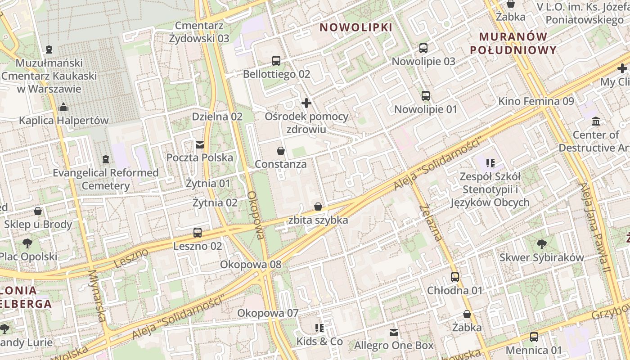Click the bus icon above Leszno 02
[197, 233]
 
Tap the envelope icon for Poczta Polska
[199, 144]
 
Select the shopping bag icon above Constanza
[281, 151]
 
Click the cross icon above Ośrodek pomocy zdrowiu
[306, 103]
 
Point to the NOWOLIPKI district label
[356, 27]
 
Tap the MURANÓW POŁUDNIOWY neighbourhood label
[513, 43]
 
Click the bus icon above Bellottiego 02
[276, 61]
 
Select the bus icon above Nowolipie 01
[425, 96]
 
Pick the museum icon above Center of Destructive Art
[596, 121]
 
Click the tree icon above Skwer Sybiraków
[542, 244]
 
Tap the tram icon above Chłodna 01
[455, 277]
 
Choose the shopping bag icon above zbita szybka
[318, 207]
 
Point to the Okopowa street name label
[255, 215]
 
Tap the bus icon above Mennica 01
[534, 337]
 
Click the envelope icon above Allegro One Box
[394, 333]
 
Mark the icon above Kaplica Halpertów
[63, 108]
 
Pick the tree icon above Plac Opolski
[27, 243]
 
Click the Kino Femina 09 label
[536, 101]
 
